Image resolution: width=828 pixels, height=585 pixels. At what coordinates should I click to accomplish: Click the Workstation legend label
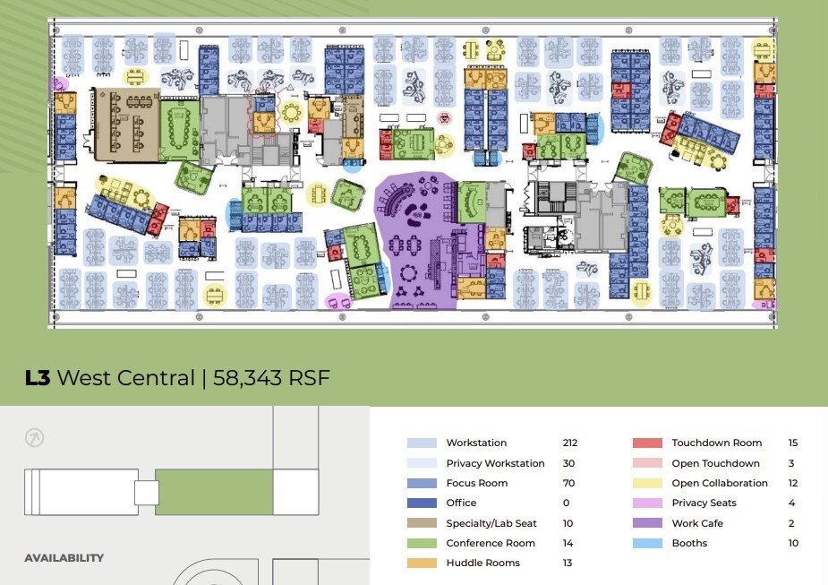pyautogui.click(x=476, y=443)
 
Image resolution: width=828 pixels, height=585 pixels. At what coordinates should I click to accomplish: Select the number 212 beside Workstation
pyautogui.click(x=570, y=443)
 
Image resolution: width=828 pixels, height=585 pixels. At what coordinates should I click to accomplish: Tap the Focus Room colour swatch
pyautogui.click(x=422, y=483)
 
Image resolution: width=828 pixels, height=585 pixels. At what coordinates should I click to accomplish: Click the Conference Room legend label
pyautogui.click(x=491, y=543)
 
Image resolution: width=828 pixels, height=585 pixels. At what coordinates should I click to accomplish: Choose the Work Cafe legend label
pyautogui.click(x=697, y=523)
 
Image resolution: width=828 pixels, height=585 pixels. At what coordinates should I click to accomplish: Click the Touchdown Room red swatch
pyautogui.click(x=647, y=443)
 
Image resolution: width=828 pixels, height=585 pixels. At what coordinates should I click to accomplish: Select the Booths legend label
pyautogui.click(x=689, y=543)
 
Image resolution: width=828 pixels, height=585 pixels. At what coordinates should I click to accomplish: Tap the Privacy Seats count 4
pyautogui.click(x=791, y=503)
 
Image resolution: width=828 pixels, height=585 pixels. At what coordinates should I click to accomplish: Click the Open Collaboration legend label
pyautogui.click(x=720, y=483)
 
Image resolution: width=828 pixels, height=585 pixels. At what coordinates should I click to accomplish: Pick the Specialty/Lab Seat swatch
pyautogui.click(x=422, y=523)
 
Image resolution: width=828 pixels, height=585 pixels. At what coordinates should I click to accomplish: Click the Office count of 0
pyautogui.click(x=566, y=503)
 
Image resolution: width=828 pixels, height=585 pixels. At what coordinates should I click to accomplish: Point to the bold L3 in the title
pyautogui.click(x=37, y=378)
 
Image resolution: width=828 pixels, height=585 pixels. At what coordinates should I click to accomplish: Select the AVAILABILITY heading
pyautogui.click(x=64, y=557)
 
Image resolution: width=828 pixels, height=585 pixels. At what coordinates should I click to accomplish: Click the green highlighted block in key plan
pyautogui.click(x=214, y=492)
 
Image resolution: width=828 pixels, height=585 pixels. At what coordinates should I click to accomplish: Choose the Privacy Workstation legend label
pyautogui.click(x=495, y=463)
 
